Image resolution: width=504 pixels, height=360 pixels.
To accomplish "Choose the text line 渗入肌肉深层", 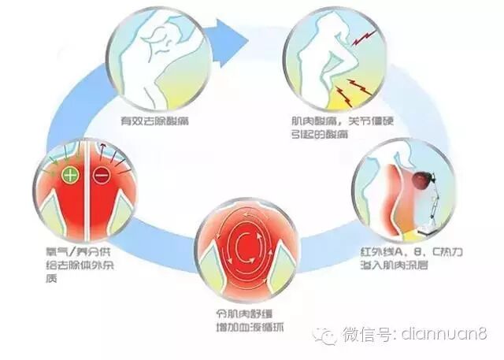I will pos(386,269).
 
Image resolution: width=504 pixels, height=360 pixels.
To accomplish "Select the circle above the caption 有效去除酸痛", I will pos(157,54).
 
